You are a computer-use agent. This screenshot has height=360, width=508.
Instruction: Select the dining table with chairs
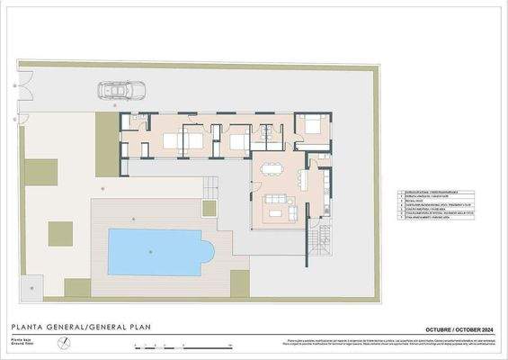point(271,167)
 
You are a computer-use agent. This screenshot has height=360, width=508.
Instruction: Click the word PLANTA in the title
point(27,327)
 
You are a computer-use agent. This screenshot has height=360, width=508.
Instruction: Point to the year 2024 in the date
point(484,328)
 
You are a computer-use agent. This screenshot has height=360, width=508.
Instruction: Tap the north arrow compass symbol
point(63,343)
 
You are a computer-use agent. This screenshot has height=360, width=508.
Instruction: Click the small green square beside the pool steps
point(209,209)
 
